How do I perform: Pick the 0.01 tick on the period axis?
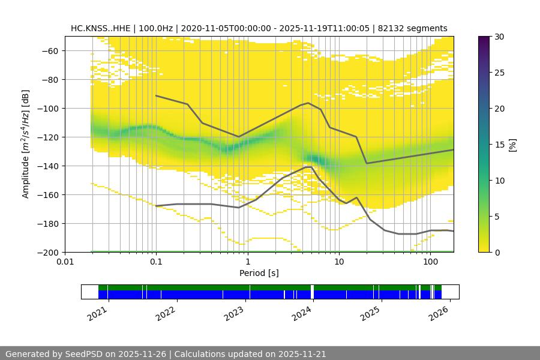click(65, 262)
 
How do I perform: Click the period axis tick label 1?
click(247, 262)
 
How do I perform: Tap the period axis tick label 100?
click(430, 262)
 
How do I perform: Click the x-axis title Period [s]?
click(259, 273)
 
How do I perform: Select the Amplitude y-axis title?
click(26, 144)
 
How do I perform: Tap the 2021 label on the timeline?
click(98, 313)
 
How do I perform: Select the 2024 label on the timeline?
click(303, 313)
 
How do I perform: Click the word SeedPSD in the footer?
click(84, 354)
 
